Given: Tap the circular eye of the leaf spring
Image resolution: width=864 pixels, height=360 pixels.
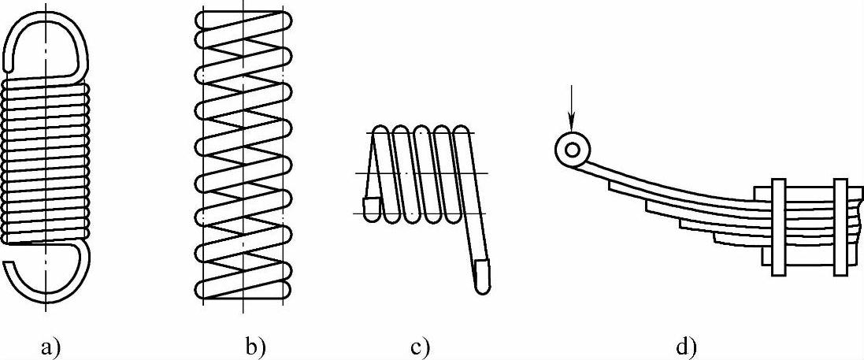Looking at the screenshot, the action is coord(572,148).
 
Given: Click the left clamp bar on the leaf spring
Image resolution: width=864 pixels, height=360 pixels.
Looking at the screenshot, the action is coord(778,227).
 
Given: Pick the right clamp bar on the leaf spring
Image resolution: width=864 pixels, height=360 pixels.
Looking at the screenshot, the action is coord(840,227).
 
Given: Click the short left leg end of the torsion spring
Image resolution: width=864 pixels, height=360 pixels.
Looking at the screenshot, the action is coord(370,206).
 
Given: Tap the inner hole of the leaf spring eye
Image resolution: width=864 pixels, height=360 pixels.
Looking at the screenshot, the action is coord(572,148).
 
